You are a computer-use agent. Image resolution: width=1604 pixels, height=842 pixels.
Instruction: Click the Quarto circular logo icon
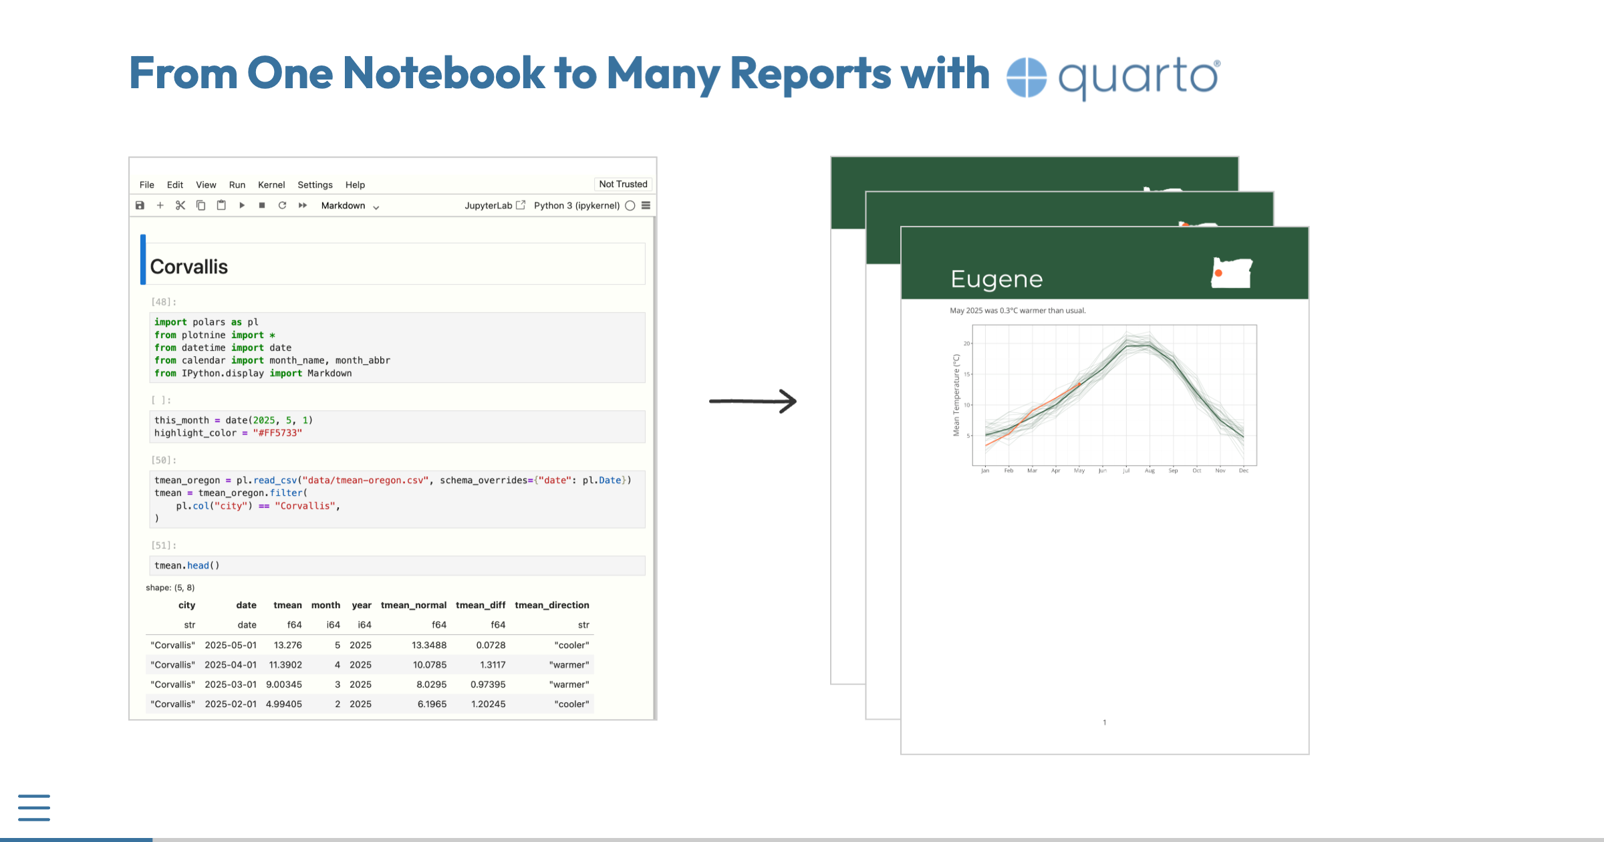pos(1026,78)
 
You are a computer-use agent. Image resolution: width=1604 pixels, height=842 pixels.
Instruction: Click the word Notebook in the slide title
pos(443,73)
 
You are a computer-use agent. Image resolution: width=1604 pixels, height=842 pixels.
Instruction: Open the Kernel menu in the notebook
pos(271,185)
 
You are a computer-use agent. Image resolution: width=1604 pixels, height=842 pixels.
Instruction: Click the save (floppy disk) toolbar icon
pos(140,206)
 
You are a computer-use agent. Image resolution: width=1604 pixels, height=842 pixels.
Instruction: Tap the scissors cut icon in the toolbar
pos(180,206)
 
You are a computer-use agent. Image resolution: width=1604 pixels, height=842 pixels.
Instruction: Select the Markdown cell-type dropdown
pos(350,206)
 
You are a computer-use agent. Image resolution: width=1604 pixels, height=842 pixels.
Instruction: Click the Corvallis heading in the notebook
pos(189,267)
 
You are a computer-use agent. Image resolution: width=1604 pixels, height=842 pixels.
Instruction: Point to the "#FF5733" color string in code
pos(277,433)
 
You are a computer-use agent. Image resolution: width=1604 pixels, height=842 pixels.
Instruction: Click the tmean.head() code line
pos(187,565)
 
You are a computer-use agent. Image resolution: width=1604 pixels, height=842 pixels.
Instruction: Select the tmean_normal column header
pos(413,605)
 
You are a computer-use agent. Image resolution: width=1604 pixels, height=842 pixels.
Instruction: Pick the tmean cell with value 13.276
pos(287,645)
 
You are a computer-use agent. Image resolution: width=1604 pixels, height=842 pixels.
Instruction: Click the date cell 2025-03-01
pos(231,684)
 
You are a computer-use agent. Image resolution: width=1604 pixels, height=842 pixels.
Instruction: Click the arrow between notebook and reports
pos(753,401)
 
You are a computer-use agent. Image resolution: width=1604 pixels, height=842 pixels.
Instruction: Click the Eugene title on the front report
pos(996,279)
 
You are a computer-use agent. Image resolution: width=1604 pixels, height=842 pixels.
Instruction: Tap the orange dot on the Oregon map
pos(1218,273)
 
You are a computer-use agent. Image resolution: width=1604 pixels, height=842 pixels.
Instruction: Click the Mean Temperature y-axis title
pos(956,395)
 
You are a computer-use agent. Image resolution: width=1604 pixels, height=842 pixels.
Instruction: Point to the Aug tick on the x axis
pos(1150,470)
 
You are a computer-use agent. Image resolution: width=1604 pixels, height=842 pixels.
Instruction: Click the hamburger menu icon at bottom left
pos(34,807)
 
